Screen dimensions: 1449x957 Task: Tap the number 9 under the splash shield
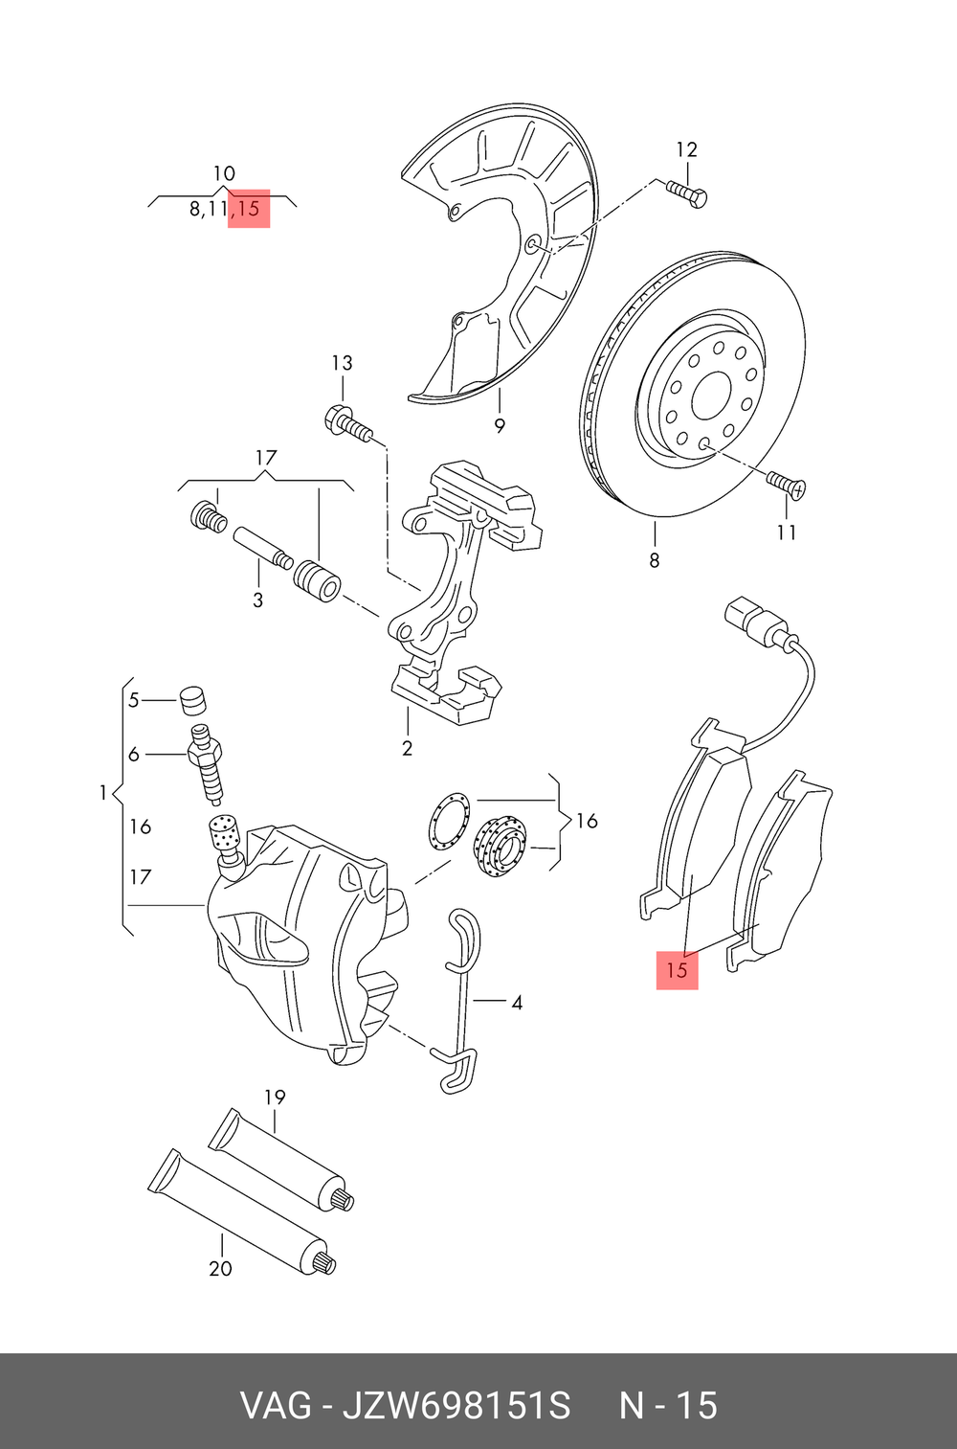point(500,426)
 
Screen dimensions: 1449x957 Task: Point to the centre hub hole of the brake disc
point(712,395)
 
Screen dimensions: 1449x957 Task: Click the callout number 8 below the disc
point(655,560)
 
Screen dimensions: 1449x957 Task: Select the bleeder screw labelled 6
point(207,763)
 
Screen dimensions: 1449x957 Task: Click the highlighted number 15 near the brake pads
point(677,970)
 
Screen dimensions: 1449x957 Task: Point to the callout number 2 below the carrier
point(408,748)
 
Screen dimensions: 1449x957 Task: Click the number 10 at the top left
point(223,174)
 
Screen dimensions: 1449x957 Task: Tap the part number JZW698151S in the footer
point(456,1406)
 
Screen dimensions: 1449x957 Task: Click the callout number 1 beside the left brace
point(102,793)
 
